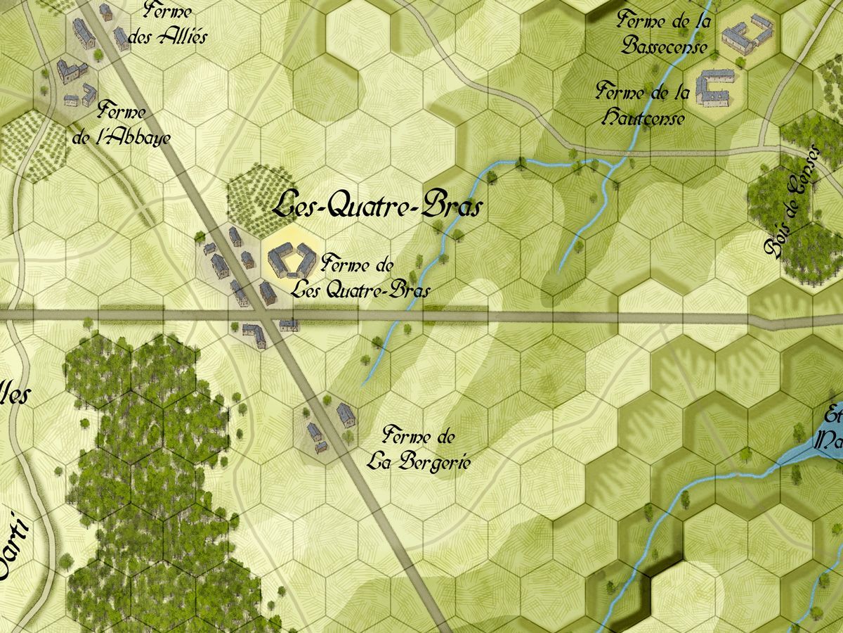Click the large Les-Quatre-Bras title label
pyautogui.click(x=378, y=206)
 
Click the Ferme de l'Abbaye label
pyautogui.click(x=122, y=124)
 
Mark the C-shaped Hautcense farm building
pyautogui.click(x=715, y=89)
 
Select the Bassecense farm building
pyautogui.click(x=746, y=32)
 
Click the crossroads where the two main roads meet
pyautogui.click(x=267, y=316)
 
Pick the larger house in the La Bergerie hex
pyautogui.click(x=344, y=414)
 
